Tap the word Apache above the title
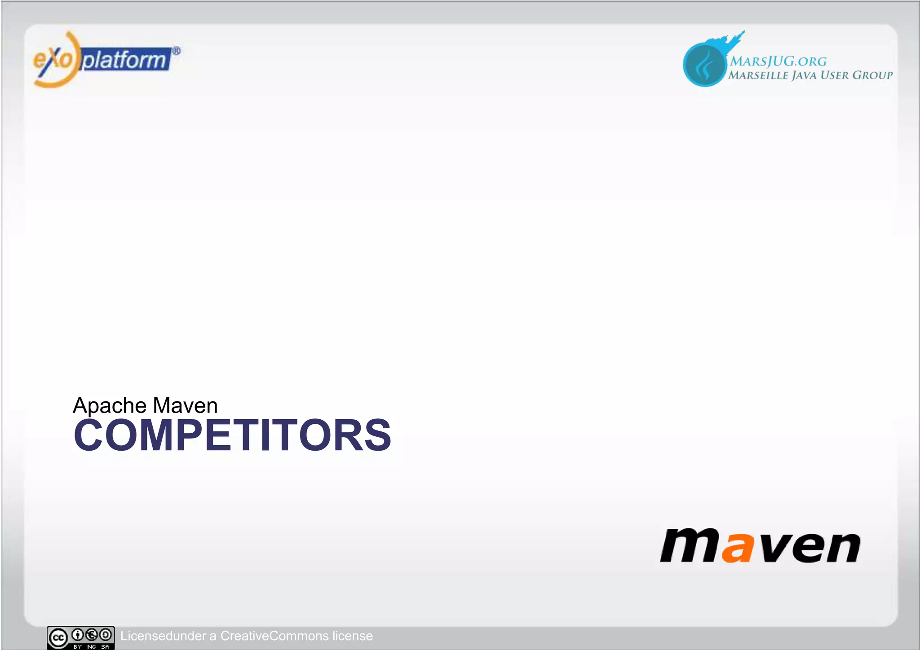click(110, 405)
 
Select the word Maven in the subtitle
click(185, 405)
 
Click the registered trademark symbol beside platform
click(177, 51)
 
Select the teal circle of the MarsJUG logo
click(704, 65)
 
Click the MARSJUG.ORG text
click(778, 61)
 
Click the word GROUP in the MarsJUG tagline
click(872, 75)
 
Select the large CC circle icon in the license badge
click(58, 637)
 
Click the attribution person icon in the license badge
click(78, 635)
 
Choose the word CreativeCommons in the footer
click(274, 636)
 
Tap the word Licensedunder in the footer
click(163, 636)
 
